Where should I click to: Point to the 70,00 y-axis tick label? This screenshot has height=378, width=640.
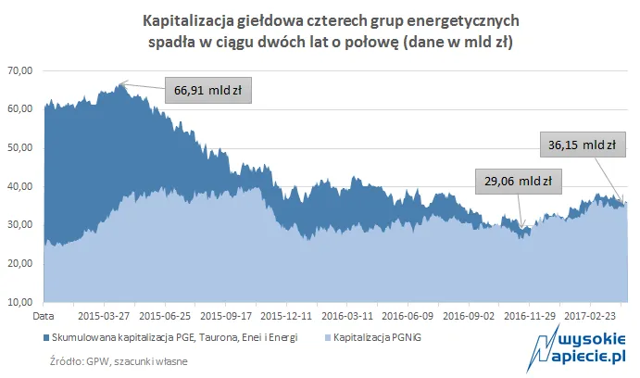click(x=19, y=70)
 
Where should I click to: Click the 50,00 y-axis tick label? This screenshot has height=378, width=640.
click(x=19, y=147)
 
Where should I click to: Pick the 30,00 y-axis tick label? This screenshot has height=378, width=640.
click(x=19, y=225)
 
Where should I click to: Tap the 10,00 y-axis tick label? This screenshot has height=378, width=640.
click(x=19, y=302)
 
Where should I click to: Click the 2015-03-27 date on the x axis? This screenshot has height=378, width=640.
click(x=104, y=315)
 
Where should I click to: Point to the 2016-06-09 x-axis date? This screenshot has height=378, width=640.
click(x=408, y=315)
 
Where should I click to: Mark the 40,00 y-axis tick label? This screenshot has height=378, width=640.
click(x=19, y=186)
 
